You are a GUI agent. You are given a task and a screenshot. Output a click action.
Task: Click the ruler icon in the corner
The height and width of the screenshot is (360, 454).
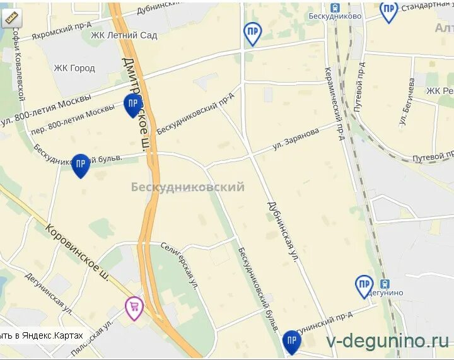click(x=11, y=18)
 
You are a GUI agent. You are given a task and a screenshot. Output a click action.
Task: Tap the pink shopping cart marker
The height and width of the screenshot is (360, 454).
click(x=134, y=307)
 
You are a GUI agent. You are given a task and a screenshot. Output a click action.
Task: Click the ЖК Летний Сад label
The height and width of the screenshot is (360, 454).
click(x=124, y=35)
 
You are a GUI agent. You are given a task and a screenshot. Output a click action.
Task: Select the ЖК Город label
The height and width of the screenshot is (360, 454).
click(x=74, y=68)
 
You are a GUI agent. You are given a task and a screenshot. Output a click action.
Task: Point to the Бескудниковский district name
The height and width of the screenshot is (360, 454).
click(x=187, y=187)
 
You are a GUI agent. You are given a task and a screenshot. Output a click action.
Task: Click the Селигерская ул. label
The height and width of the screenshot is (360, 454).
click(x=179, y=265)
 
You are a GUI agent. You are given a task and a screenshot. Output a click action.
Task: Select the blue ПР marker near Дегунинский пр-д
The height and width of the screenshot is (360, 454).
click(x=291, y=341)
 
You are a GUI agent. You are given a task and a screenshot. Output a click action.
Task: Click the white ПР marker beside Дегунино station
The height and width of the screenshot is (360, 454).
click(x=364, y=286)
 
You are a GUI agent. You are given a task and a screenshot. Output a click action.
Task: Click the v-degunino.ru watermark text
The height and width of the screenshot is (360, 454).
click(x=387, y=341)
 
